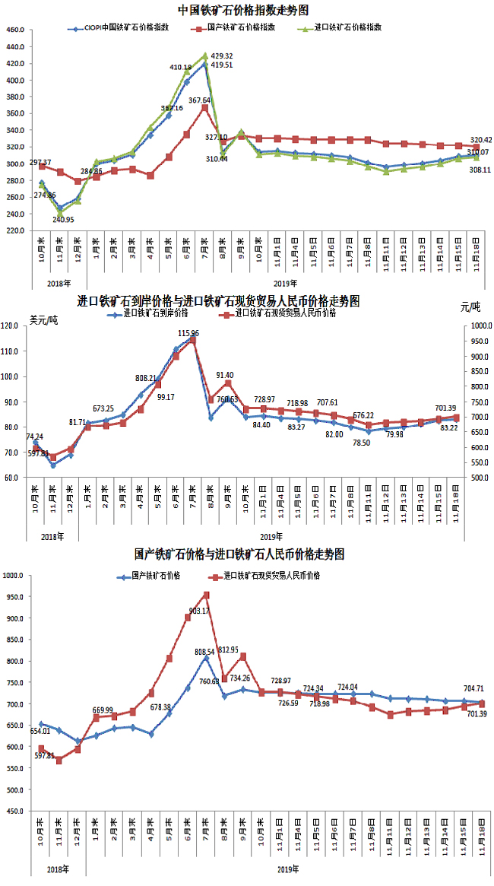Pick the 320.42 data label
(481, 140)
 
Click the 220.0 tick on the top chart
(15, 230)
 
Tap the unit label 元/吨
(470, 308)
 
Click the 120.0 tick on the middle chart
(17, 326)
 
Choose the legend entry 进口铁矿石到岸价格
(156, 313)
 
